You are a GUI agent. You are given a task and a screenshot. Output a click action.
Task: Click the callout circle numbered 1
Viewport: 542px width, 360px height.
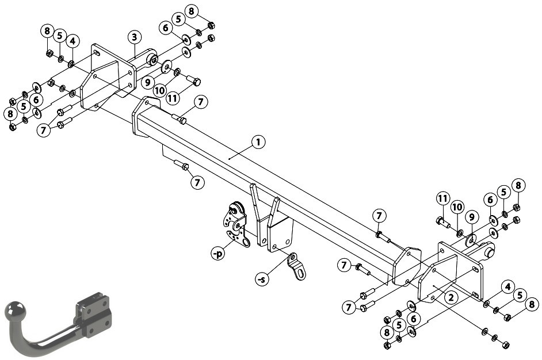[x=258, y=143]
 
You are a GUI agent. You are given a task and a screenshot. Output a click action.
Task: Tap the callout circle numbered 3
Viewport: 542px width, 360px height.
[x=135, y=37]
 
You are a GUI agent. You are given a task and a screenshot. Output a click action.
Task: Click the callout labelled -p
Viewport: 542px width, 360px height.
[x=218, y=254]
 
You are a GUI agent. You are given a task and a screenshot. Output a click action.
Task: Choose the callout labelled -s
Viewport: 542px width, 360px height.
[x=262, y=279]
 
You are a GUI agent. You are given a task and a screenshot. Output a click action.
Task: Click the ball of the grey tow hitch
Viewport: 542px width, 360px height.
[x=14, y=310]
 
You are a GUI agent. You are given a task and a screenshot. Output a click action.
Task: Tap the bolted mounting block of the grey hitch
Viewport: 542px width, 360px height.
[x=94, y=315]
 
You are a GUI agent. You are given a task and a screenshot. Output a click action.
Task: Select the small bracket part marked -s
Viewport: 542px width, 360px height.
[x=296, y=266]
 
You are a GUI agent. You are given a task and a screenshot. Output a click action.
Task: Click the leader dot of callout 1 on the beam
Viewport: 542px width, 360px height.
[x=230, y=159]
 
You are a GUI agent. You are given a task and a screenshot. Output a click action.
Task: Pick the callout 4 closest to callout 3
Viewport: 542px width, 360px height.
[x=72, y=41]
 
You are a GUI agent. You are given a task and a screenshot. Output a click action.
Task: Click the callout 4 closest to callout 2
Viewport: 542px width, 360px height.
[x=507, y=287]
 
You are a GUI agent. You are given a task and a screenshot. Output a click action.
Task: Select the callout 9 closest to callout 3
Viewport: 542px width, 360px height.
[x=148, y=82]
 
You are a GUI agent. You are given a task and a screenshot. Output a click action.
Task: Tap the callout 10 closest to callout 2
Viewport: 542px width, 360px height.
[x=457, y=207]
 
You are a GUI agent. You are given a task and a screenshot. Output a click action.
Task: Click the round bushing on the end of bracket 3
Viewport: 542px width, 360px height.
[x=152, y=59]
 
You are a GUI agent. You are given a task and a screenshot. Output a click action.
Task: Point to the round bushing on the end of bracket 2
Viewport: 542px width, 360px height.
[x=490, y=251]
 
